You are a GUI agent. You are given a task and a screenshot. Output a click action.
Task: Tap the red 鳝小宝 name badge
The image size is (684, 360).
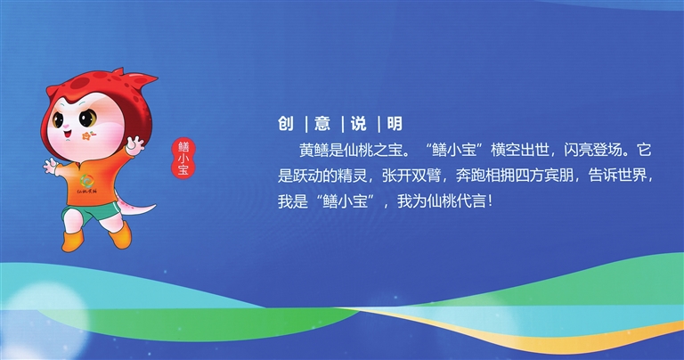tap(183, 159)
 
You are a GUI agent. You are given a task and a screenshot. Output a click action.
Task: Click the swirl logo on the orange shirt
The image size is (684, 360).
tap(85, 181)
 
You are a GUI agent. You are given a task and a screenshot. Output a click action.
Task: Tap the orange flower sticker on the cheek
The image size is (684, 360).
tap(88, 136)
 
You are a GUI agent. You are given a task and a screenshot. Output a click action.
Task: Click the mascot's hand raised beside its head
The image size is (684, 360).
tap(134, 145)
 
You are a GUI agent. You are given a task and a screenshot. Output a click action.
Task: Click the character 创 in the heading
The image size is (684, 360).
tap(286, 124)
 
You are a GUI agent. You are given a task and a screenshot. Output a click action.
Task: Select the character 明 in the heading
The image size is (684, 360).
tap(395, 124)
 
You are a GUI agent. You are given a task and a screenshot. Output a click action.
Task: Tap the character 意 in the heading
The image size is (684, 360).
tap(322, 124)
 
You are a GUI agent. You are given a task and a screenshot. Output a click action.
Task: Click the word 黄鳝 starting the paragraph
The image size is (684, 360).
tap(314, 150)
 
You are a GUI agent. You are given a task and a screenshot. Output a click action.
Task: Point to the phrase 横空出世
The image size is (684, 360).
tap(520, 150)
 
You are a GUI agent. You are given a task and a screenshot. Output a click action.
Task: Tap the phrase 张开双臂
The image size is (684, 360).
tap(411, 176)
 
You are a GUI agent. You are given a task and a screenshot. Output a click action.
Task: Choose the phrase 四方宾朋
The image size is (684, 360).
tap(544, 176)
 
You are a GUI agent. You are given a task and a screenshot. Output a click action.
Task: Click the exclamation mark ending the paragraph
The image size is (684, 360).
tap(491, 201)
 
